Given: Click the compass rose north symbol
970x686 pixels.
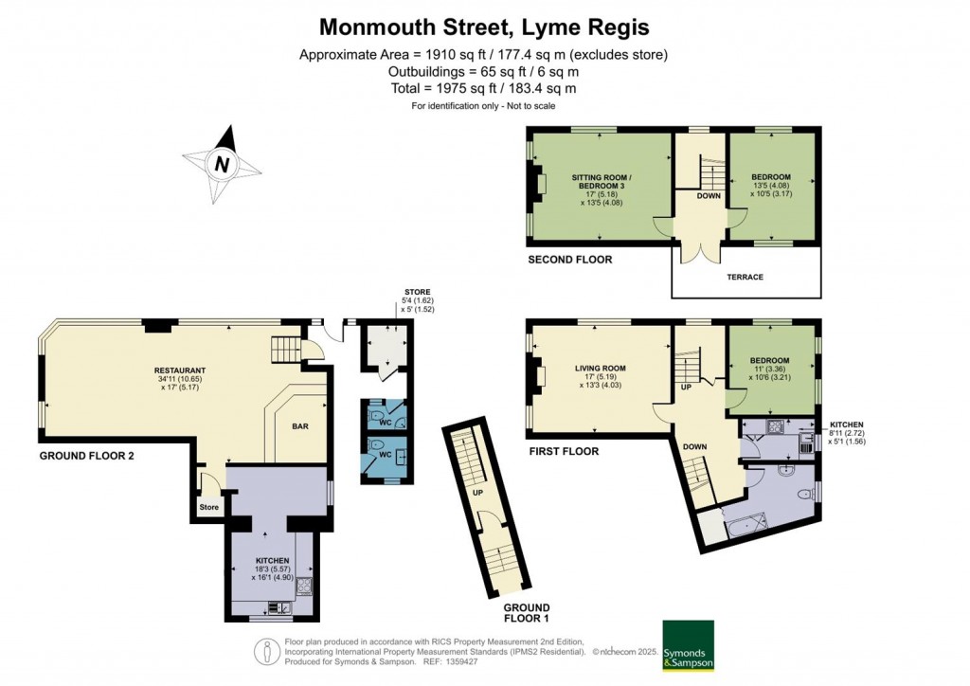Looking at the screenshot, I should coord(223,163).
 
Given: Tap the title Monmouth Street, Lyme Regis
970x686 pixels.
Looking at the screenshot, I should coord(484,26).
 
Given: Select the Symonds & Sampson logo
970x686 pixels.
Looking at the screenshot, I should coord(687,645).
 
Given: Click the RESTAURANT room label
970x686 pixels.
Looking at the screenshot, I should coord(181,370).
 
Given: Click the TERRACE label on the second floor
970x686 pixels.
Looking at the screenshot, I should coord(745,277).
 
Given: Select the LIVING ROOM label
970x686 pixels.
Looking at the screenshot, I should coord(601,369).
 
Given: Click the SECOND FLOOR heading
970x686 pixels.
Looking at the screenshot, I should coord(569,260).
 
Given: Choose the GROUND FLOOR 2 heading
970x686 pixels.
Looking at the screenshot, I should coord(87,456).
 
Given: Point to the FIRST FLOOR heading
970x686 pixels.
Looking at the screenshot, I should coord(564,451).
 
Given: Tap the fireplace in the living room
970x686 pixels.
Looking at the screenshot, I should coord(540,376).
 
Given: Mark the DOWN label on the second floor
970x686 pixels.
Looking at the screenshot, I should coord(708,196).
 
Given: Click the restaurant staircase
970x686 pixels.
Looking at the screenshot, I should coord(286,350).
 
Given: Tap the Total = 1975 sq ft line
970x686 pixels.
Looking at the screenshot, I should coord(484,88).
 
